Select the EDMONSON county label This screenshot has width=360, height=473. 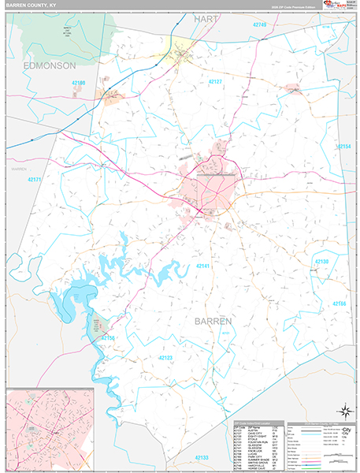point(49,65)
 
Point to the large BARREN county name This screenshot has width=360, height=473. point(214,322)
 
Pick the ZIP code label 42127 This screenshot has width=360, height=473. point(216,82)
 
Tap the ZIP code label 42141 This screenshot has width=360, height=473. point(204,267)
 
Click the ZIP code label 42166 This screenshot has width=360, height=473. point(338,304)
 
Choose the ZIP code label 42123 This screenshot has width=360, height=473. point(165,357)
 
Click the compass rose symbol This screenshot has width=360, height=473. point(343,410)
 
